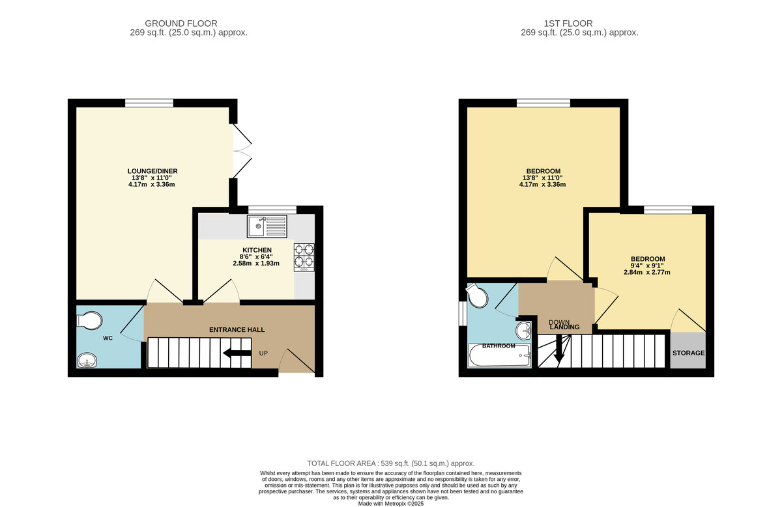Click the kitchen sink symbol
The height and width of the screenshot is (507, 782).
[267, 226]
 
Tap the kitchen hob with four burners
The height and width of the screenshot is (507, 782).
[304, 255]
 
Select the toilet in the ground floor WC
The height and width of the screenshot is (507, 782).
[89, 321]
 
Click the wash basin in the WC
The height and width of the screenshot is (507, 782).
[87, 360]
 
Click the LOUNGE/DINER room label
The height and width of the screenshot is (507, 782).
[152, 171]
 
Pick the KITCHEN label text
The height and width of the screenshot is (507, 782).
[257, 251]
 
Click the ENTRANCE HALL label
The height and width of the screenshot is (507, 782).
[237, 330]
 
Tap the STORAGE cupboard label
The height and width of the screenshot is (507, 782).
[688, 353]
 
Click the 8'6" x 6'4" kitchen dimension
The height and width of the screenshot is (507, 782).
[257, 256]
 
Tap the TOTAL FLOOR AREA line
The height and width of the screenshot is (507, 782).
[391, 463]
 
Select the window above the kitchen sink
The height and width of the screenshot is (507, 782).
[272, 210]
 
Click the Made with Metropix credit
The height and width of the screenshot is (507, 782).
[391, 503]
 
